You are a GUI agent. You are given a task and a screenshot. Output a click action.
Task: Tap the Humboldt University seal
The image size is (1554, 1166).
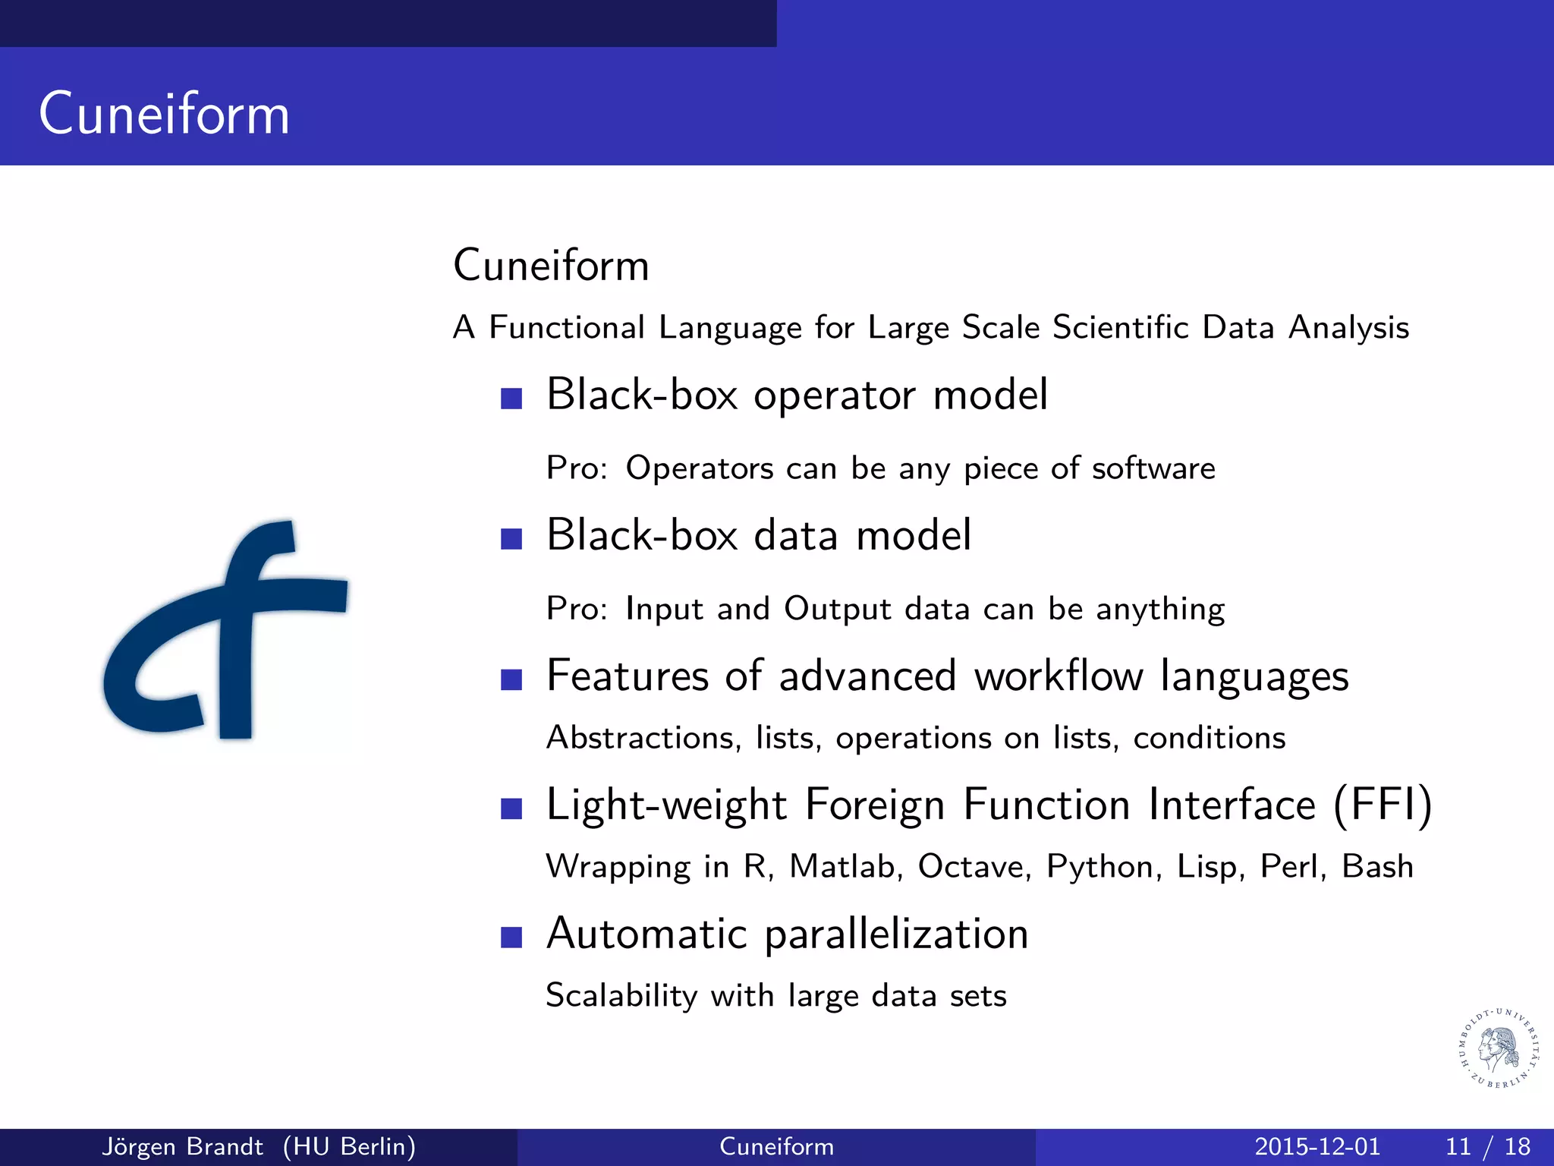coord(1499,1048)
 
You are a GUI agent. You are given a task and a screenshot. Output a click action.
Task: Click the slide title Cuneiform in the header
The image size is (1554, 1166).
coord(165,114)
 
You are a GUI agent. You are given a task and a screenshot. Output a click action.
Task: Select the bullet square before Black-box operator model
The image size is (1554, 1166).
coord(512,399)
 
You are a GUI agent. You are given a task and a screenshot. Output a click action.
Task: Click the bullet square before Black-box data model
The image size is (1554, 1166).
coord(512,539)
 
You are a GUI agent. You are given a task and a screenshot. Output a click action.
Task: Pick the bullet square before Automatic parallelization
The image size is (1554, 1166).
coord(512,938)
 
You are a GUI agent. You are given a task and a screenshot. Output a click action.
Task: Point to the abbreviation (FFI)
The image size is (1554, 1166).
coord(1383,805)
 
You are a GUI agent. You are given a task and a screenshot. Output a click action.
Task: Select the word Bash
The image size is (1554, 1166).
coord(1377,866)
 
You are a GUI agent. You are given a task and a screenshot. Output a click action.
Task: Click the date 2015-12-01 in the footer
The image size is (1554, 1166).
coord(1317,1146)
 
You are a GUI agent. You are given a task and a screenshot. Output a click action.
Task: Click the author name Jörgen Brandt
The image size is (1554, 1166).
coord(182,1146)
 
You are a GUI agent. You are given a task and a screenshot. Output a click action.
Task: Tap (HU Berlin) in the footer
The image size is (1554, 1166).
coord(349,1146)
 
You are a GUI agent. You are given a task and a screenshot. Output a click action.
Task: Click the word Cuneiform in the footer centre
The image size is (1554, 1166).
coord(776,1146)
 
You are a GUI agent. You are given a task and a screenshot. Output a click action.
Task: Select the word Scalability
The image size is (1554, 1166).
coord(621,995)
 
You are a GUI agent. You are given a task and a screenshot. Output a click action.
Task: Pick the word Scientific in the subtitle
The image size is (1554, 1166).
coord(1121,327)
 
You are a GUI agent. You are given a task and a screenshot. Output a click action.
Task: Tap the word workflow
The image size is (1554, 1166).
coord(1058,676)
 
